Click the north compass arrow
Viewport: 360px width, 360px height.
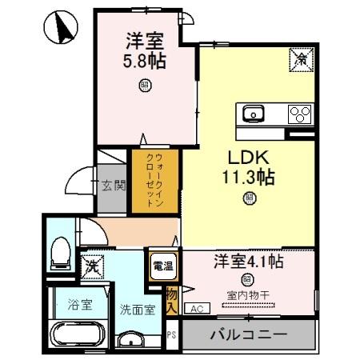pos(63,29)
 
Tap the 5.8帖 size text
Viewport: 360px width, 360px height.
pos(144,62)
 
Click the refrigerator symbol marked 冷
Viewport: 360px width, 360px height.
pos(302,58)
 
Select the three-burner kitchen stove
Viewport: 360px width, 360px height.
pos(300,113)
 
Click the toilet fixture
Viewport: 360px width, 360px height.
pos(59,254)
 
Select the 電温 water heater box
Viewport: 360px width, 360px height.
pos(158,266)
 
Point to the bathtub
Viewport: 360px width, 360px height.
pos(75,334)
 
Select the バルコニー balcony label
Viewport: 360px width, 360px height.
pos(250,334)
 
